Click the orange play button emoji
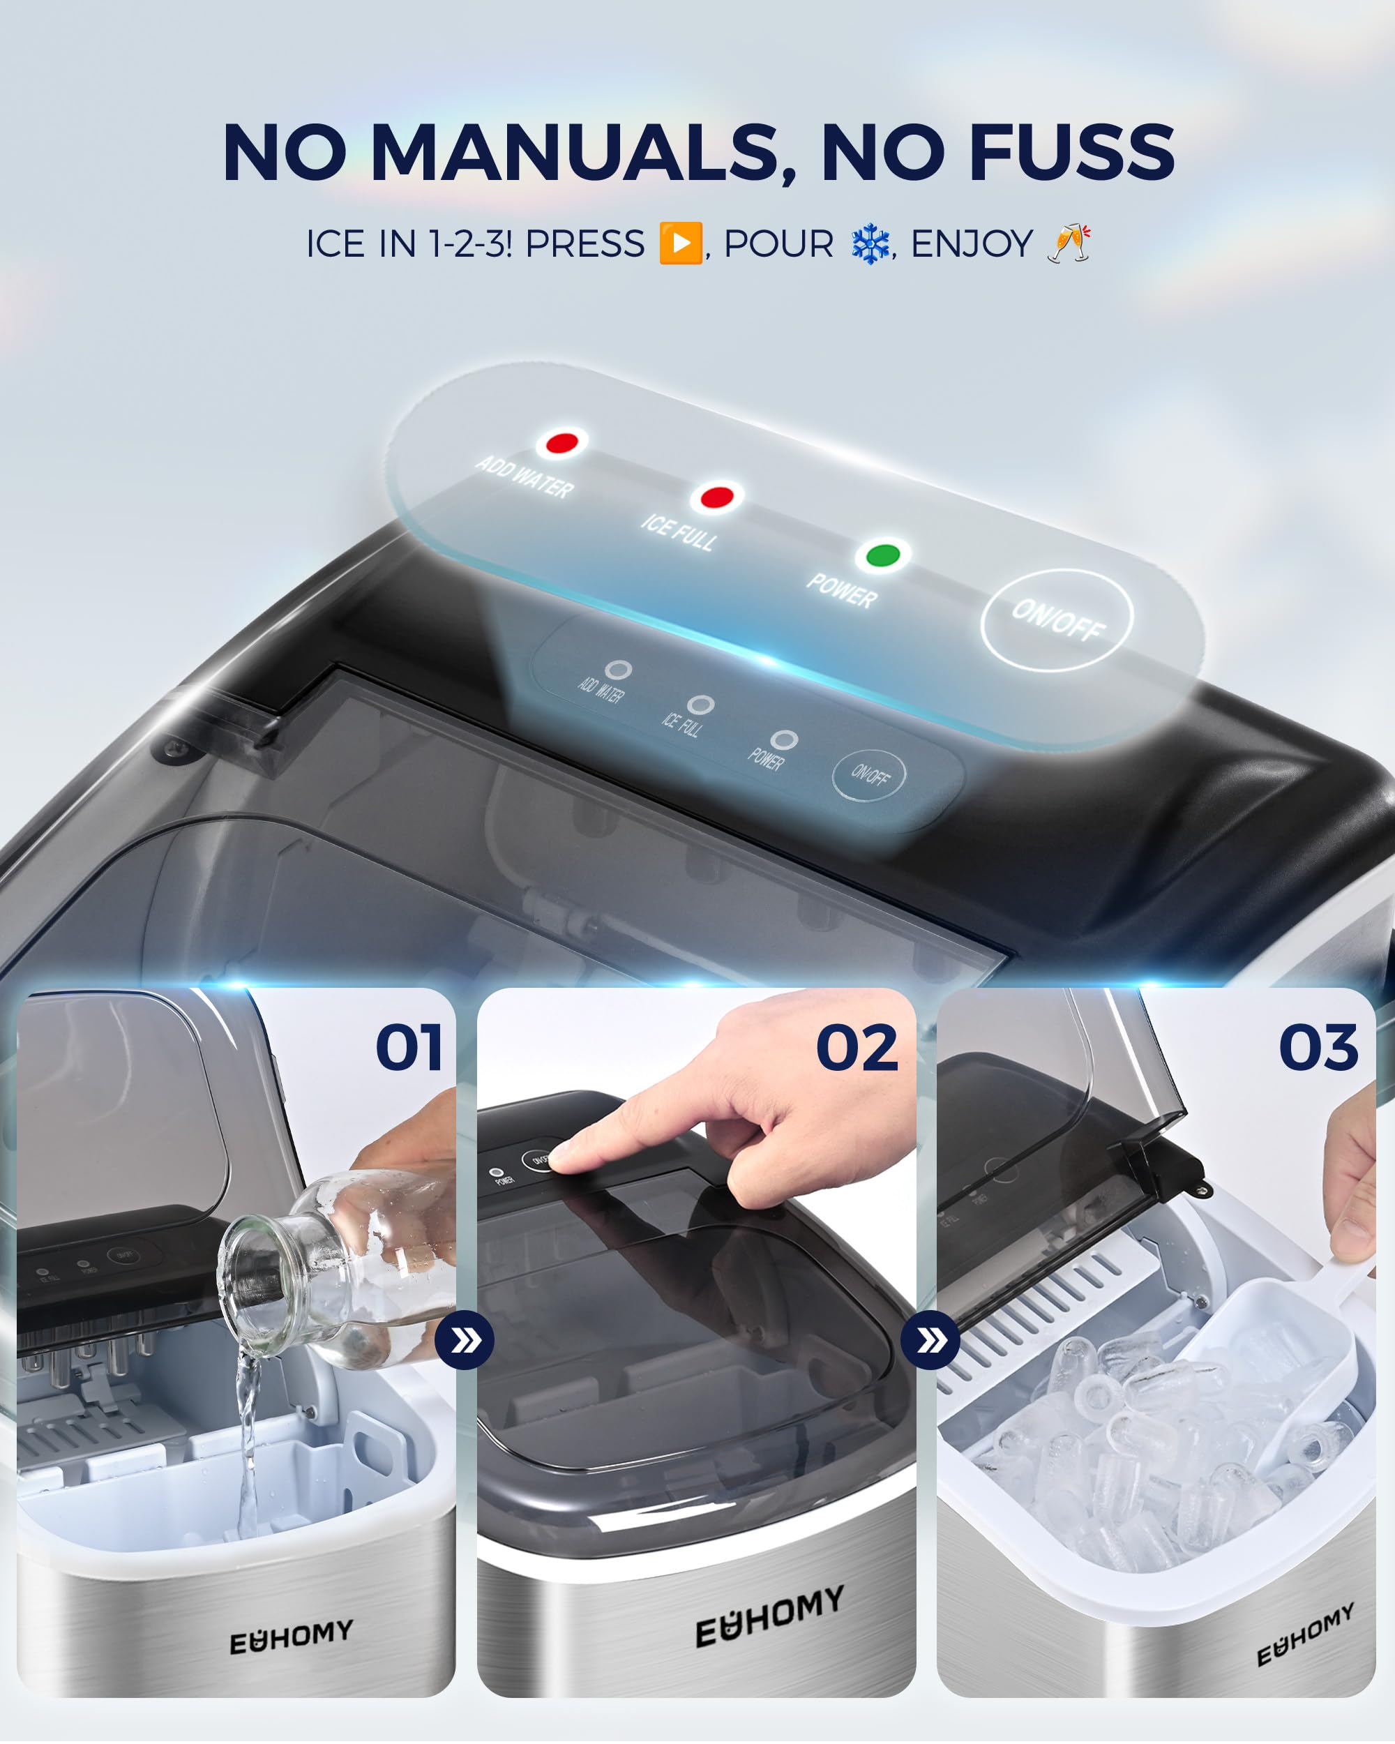coord(680,243)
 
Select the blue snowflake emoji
coord(871,244)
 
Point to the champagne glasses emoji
coord(1069,243)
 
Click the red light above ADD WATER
coord(561,443)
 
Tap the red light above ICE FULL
coord(716,497)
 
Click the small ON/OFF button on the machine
coord(869,776)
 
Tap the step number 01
coord(409,1048)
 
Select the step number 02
coord(857,1048)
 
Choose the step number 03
coord(1318,1048)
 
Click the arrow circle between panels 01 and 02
coord(465,1340)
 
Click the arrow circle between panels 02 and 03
coord(930,1340)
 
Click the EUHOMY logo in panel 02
coord(770,1616)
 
